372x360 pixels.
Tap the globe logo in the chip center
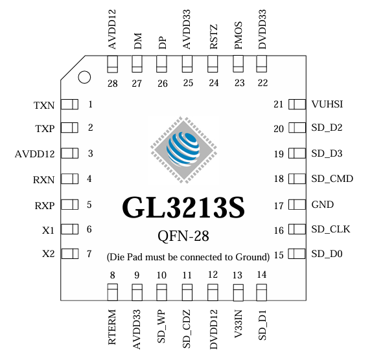[x=183, y=150]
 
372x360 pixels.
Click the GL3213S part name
[x=183, y=207]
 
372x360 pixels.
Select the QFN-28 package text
[x=183, y=236]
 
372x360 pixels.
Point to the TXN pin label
[x=44, y=106]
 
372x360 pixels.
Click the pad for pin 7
[x=70, y=254]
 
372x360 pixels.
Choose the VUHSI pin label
[x=327, y=104]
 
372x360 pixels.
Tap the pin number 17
[x=279, y=206]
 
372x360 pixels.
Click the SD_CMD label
[x=332, y=179]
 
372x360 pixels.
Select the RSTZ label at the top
[x=213, y=37]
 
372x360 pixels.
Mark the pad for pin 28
[x=113, y=64]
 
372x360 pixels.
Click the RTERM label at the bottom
[x=111, y=327]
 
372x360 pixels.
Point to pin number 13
[x=237, y=275]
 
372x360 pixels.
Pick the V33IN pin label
[x=238, y=324]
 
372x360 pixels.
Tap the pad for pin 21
[x=297, y=104]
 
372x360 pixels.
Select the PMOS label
[x=238, y=36]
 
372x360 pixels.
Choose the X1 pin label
[x=48, y=231]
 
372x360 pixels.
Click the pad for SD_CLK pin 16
[x=297, y=229]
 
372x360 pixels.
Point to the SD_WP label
[x=161, y=326]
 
